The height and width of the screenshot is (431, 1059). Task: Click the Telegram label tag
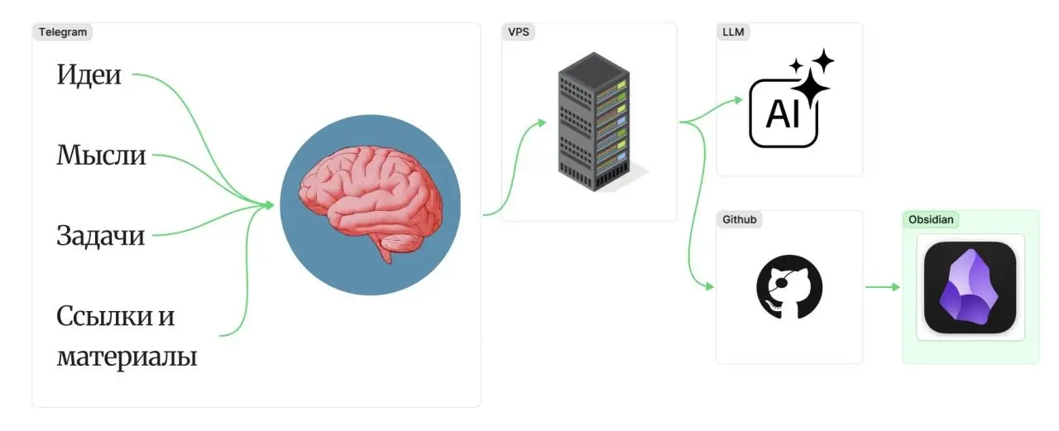click(63, 32)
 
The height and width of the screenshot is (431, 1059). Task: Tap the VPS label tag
click(519, 32)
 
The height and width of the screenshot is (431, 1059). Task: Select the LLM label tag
click(733, 32)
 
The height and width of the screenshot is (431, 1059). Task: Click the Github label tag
click(740, 219)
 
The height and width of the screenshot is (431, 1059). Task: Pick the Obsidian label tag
click(931, 219)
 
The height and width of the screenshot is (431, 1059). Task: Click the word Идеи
click(89, 74)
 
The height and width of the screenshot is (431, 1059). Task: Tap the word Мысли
click(101, 155)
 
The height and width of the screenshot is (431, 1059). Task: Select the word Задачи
click(101, 235)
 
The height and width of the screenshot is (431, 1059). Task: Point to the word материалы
click(127, 357)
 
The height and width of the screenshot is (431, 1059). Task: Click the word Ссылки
click(104, 316)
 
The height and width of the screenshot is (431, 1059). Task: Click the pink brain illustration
click(371, 200)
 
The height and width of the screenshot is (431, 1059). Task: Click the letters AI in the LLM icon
click(783, 114)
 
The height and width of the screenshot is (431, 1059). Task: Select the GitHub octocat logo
click(789, 287)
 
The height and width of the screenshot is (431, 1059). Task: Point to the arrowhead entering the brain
click(270, 205)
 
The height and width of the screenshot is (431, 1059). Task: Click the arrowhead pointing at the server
click(542, 123)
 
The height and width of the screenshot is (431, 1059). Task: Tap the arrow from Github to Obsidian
click(883, 287)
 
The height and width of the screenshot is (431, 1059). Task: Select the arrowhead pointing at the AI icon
click(737, 100)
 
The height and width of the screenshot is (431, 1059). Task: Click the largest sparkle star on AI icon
click(810, 88)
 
